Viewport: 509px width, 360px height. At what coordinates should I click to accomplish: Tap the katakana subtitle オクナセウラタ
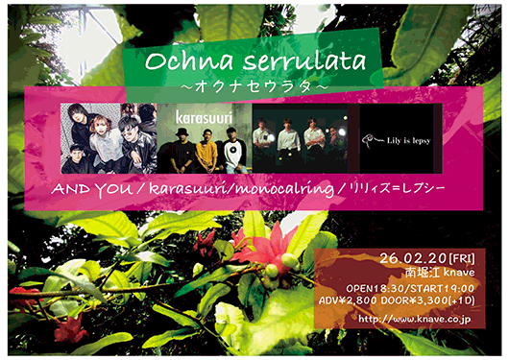click(x=254, y=87)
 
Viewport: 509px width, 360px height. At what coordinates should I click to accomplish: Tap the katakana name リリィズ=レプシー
click(x=384, y=191)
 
